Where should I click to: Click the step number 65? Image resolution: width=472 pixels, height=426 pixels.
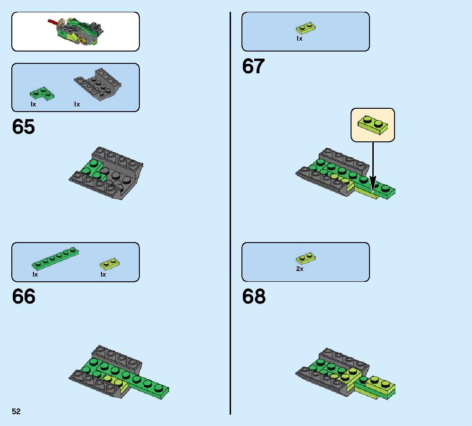(24, 127)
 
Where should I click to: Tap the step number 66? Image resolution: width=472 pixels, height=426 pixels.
(24, 296)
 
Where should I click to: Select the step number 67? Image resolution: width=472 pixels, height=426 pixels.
(253, 66)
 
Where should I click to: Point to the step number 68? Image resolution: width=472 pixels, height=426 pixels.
(254, 296)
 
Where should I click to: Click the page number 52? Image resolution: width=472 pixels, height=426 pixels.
(16, 411)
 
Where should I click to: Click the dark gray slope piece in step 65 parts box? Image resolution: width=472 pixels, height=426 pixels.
(98, 84)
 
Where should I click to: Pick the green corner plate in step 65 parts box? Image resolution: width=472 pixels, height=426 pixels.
(42, 94)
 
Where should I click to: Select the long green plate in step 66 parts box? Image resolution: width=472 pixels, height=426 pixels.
(55, 259)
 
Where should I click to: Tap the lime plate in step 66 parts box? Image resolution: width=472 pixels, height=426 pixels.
(110, 264)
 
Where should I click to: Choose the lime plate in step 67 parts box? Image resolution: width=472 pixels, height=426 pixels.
(306, 28)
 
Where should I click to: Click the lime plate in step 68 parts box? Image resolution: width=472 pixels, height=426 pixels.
(306, 258)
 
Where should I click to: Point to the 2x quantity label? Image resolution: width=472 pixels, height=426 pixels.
(300, 269)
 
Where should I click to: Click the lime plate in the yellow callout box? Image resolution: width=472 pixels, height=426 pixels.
(373, 125)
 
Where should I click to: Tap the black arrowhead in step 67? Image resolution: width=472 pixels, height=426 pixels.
(373, 183)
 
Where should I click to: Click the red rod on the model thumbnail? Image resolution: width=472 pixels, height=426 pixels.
(53, 22)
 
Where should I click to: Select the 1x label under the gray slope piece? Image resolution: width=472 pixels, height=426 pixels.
(77, 104)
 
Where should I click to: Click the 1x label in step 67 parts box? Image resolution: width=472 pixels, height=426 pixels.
(299, 39)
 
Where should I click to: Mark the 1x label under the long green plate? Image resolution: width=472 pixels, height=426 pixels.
(35, 274)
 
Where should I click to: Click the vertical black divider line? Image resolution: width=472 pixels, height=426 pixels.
(230, 213)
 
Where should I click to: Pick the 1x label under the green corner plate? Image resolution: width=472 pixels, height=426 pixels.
(33, 104)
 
